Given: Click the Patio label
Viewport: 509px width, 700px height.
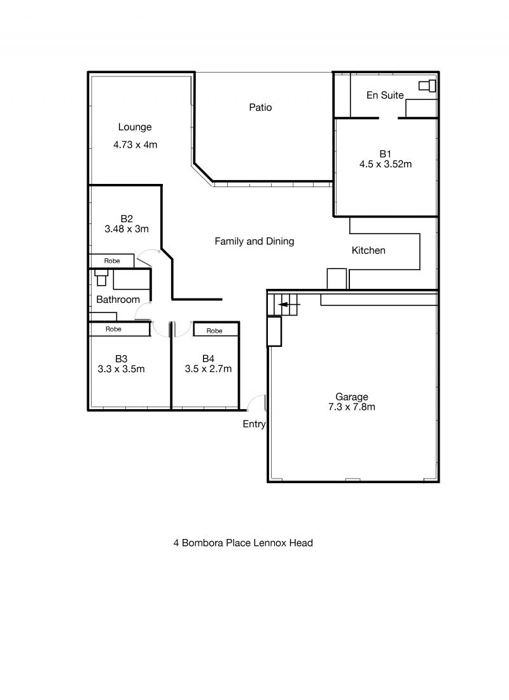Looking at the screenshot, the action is (x=260, y=107).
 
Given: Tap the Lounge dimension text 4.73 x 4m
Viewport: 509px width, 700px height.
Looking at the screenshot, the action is (x=135, y=144).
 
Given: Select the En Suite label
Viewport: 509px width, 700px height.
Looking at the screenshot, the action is (x=385, y=95).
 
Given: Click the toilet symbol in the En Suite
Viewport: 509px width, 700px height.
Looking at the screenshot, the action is (x=428, y=85).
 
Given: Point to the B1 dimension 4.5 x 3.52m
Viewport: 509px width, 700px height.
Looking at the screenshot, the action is (x=386, y=164).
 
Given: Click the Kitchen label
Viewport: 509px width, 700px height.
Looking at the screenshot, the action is (x=368, y=251).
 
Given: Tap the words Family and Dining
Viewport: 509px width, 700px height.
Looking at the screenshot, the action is (x=254, y=242).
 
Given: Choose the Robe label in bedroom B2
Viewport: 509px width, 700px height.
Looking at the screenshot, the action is (x=112, y=261).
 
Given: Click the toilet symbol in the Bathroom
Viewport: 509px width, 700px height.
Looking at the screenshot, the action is (x=101, y=277).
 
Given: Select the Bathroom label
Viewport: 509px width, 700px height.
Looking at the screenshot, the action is (x=118, y=300).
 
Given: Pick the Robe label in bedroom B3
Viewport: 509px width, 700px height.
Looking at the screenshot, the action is (x=113, y=329).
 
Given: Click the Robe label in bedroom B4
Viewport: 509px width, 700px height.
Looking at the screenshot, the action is (x=214, y=331).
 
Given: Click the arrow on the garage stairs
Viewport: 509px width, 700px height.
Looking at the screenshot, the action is (x=289, y=305).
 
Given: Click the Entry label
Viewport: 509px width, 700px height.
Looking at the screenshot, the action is (x=254, y=424).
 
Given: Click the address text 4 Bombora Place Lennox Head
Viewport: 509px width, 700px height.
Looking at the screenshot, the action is (x=243, y=543).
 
